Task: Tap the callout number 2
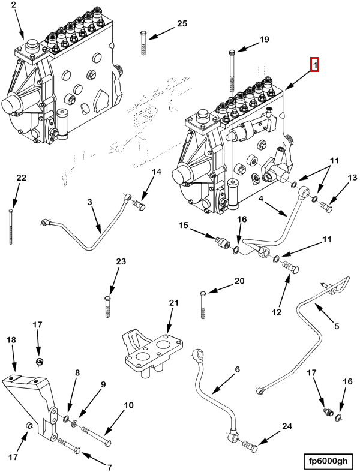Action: (14, 7)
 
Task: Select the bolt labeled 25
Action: (143, 42)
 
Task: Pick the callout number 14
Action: (156, 172)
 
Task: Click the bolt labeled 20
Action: (203, 305)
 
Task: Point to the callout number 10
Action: (129, 405)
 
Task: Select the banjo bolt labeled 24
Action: (250, 446)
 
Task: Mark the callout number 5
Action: (336, 326)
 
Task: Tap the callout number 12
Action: (277, 312)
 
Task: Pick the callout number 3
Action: (90, 203)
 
